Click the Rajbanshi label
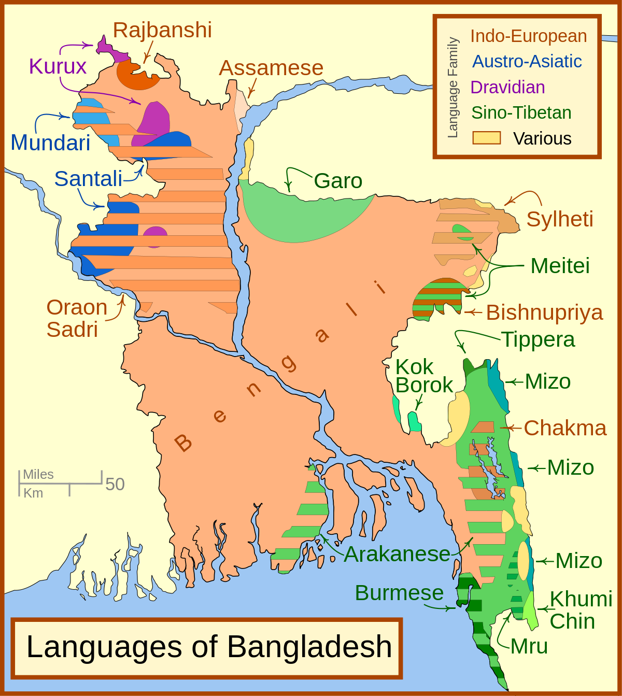click(162, 30)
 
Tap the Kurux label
click(58, 66)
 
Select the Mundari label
click(50, 143)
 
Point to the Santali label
click(88, 179)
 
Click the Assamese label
click(271, 68)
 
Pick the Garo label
click(338, 181)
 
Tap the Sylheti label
click(560, 219)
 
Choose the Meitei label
click(560, 266)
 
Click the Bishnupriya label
click(544, 313)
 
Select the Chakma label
click(565, 428)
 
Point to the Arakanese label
click(397, 554)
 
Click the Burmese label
click(399, 593)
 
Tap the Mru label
click(529, 646)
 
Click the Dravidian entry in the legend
click(507, 87)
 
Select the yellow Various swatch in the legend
click(486, 138)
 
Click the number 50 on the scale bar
click(115, 484)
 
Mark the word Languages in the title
click(104, 647)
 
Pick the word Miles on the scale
click(38, 474)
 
